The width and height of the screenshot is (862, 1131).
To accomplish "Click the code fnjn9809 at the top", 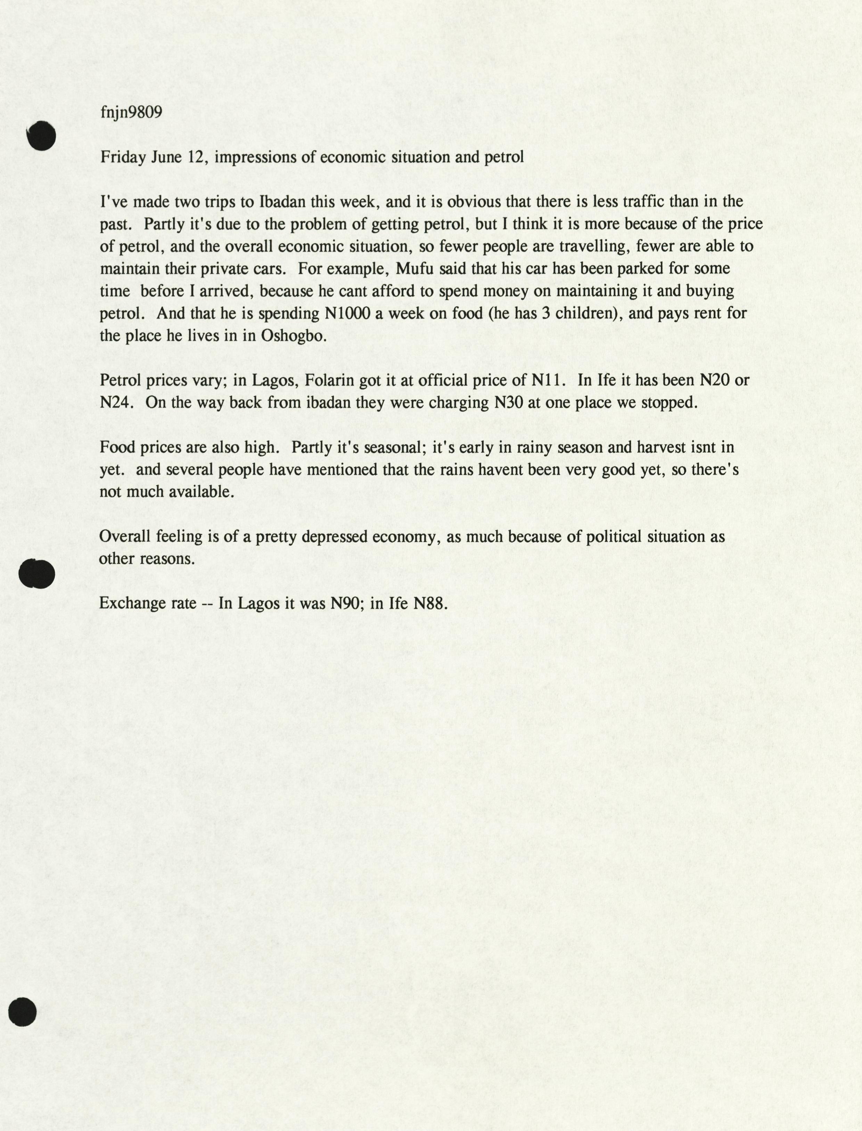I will (x=131, y=112).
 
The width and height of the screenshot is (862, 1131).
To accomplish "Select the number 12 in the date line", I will (x=196, y=157).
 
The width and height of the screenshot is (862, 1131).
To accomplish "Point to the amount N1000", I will (x=347, y=313).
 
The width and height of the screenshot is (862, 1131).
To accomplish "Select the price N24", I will (x=116, y=403).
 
